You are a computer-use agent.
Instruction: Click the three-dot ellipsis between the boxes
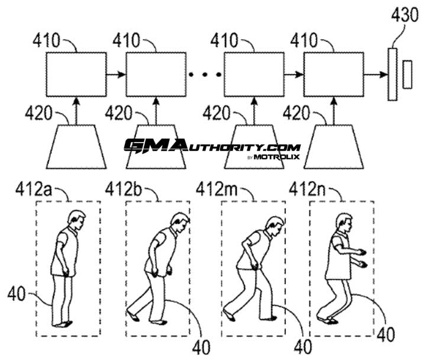(205, 75)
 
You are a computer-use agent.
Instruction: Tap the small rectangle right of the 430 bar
(407, 74)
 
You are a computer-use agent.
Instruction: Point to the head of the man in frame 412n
(343, 223)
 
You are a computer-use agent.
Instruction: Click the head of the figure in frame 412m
(273, 226)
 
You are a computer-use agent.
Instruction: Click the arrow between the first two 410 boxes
(116, 75)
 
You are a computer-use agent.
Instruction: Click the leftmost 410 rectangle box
(76, 74)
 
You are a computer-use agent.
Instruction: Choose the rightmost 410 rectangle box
(333, 74)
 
